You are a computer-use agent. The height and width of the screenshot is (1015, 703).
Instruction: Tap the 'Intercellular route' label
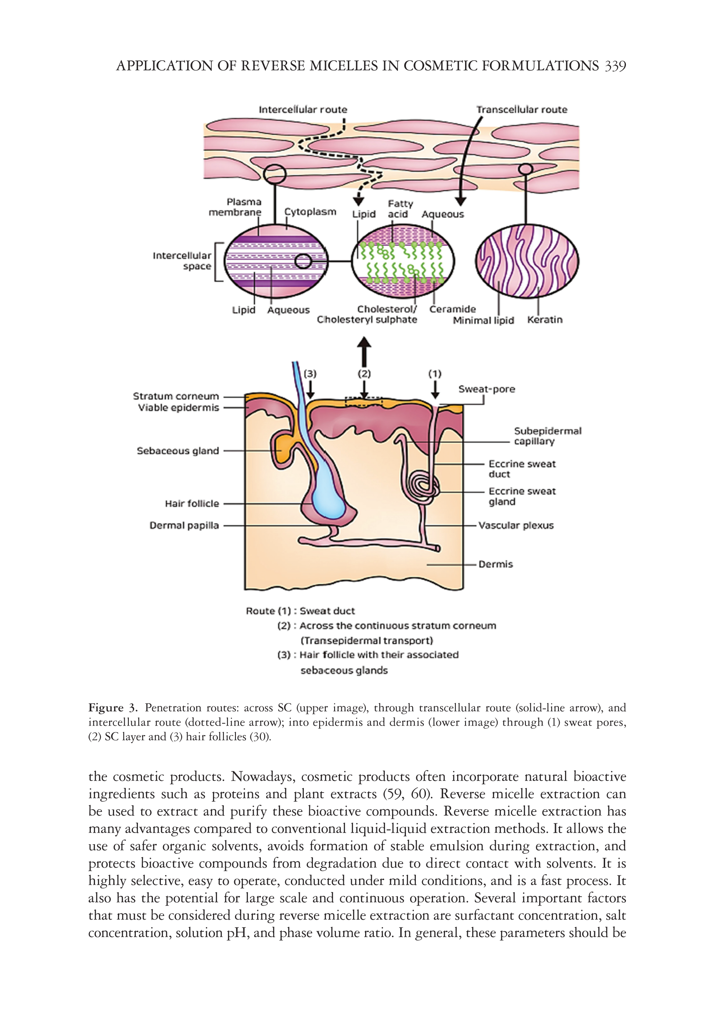pyautogui.click(x=303, y=110)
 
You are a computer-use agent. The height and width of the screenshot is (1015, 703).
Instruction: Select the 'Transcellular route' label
pyautogui.click(x=522, y=110)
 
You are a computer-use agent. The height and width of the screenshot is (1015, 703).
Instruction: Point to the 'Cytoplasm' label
pyautogui.click(x=310, y=212)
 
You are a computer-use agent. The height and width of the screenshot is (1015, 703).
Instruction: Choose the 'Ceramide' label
pyautogui.click(x=453, y=309)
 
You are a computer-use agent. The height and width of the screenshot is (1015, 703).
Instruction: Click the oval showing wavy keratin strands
pyautogui.click(x=527, y=261)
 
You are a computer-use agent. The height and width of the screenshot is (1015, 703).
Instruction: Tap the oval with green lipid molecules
pyautogui.click(x=403, y=262)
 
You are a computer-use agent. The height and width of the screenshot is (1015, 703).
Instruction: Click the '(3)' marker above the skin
pyautogui.click(x=310, y=374)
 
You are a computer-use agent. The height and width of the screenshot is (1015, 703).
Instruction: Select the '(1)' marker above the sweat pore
pyautogui.click(x=435, y=374)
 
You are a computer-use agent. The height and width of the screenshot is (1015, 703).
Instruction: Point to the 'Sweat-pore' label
pyautogui.click(x=486, y=389)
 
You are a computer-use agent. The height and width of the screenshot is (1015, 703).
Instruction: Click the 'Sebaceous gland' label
pyautogui.click(x=178, y=451)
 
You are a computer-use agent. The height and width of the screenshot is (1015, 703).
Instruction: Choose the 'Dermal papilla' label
pyautogui.click(x=184, y=525)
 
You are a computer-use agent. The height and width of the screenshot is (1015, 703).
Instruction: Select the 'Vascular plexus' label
pyautogui.click(x=516, y=525)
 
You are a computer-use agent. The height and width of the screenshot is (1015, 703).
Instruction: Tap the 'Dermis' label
pyautogui.click(x=495, y=564)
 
